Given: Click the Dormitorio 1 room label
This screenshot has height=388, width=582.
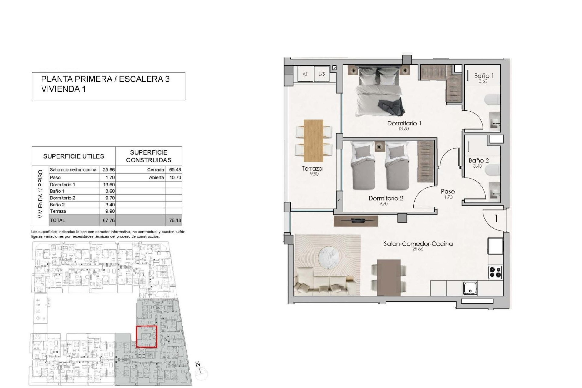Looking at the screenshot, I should (404, 123).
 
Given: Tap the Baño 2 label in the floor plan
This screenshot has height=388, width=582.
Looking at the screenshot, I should (479, 161).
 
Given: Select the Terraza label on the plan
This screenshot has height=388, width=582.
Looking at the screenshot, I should (312, 169).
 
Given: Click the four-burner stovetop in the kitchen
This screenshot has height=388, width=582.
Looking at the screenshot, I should (495, 272).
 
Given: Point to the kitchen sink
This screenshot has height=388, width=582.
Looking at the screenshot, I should (470, 288).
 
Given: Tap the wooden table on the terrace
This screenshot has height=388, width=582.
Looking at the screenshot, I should (313, 141).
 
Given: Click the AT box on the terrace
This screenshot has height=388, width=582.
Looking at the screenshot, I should (305, 74).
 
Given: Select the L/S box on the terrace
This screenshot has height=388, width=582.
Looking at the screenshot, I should (322, 74).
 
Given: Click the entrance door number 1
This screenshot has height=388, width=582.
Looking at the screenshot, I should (496, 218).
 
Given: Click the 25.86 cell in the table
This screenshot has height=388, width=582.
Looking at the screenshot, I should (109, 170).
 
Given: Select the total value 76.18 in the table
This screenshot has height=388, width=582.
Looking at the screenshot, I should (175, 220).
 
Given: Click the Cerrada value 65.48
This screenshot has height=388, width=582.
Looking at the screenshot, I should (175, 170).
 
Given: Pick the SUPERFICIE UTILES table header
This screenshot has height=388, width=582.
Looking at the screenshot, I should (74, 156).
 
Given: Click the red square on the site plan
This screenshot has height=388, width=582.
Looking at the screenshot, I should (146, 336).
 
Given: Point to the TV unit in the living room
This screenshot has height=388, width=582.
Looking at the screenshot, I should (356, 221).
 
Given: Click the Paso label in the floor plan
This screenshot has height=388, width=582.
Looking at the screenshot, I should (448, 192).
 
